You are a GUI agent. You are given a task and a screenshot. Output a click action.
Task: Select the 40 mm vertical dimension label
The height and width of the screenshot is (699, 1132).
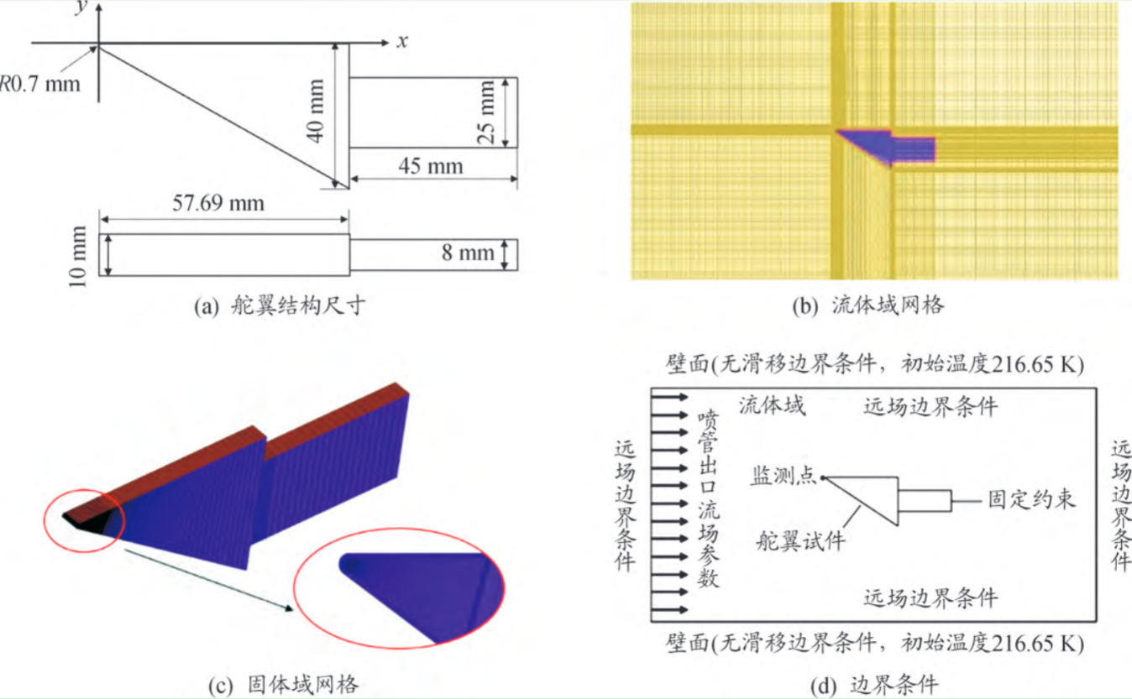pyautogui.click(x=316, y=110)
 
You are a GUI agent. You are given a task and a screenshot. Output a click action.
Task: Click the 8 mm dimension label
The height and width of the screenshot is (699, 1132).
pyautogui.click(x=469, y=253)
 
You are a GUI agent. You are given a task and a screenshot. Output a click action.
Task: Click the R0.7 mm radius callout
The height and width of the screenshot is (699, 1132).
pyautogui.click(x=39, y=83)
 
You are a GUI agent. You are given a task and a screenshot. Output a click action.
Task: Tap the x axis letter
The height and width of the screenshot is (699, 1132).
pyautogui.click(x=402, y=40)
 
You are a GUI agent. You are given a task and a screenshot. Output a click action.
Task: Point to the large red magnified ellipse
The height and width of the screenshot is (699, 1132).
pyautogui.click(x=398, y=587)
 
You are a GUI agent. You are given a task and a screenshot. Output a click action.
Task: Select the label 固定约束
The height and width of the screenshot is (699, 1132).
pyautogui.click(x=1031, y=501)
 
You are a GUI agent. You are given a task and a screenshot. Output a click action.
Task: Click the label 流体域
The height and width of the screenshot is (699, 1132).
pyautogui.click(x=772, y=407)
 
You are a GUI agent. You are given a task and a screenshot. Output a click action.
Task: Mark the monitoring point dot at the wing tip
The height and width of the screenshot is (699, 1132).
pyautogui.click(x=824, y=477)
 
